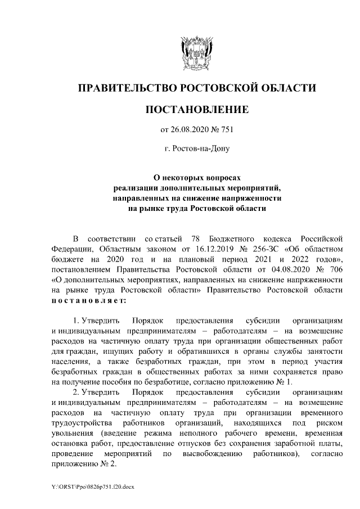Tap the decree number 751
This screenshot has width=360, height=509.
226,130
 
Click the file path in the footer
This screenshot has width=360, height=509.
88,486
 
